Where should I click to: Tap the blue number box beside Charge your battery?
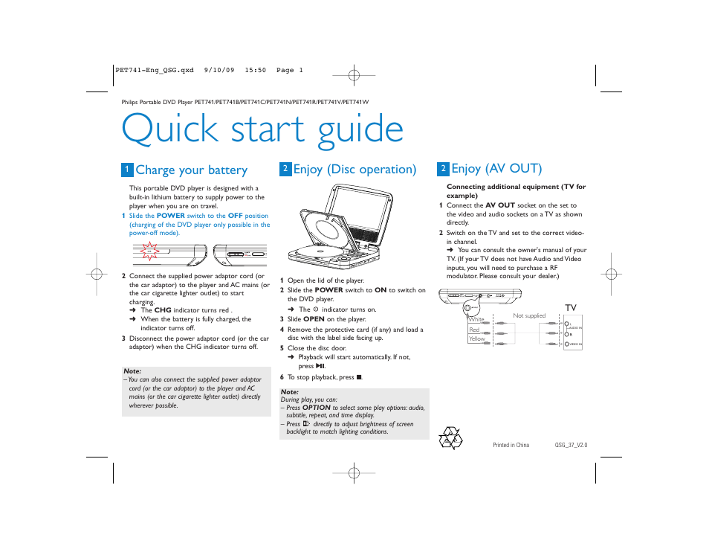[x=127, y=170]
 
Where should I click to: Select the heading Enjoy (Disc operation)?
[x=354, y=170]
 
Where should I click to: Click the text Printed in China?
[x=511, y=445]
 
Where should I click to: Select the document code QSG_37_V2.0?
[x=571, y=445]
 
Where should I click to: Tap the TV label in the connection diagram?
[x=571, y=308]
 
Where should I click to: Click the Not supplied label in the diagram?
[x=529, y=316]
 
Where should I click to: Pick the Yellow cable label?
[x=476, y=339]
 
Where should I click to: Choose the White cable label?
[x=476, y=320]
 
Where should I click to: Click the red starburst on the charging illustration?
[x=149, y=254]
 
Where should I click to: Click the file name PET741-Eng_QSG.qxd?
[x=155, y=71]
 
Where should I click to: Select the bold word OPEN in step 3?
[x=314, y=319]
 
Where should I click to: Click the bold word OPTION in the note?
[x=316, y=408]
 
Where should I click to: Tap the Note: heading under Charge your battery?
[x=132, y=371]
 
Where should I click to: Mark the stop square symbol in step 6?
[x=358, y=377]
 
